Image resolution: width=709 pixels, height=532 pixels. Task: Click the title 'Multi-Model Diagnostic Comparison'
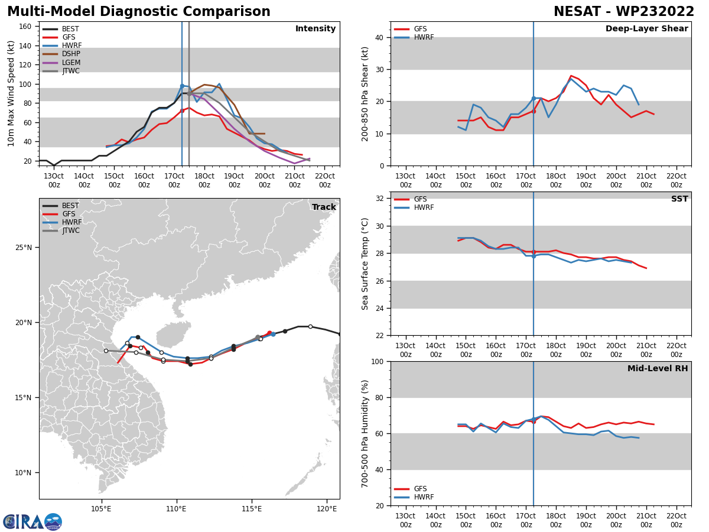coord(139,12)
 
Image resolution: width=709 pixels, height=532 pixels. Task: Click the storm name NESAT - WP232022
coord(624,12)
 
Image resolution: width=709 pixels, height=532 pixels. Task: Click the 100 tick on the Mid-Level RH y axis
coord(375,361)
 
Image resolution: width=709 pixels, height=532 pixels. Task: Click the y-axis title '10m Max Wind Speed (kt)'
coord(11,93)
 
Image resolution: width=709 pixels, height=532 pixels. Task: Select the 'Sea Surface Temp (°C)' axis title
coord(365,264)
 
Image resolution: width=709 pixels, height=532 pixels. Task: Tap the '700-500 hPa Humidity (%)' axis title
coord(365,433)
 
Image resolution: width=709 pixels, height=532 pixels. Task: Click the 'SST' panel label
coord(679,199)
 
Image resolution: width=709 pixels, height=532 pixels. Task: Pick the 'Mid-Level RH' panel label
coord(658,369)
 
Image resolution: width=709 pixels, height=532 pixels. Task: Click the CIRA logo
coord(32,522)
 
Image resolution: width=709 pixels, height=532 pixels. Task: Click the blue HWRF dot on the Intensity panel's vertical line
coord(182,86)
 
